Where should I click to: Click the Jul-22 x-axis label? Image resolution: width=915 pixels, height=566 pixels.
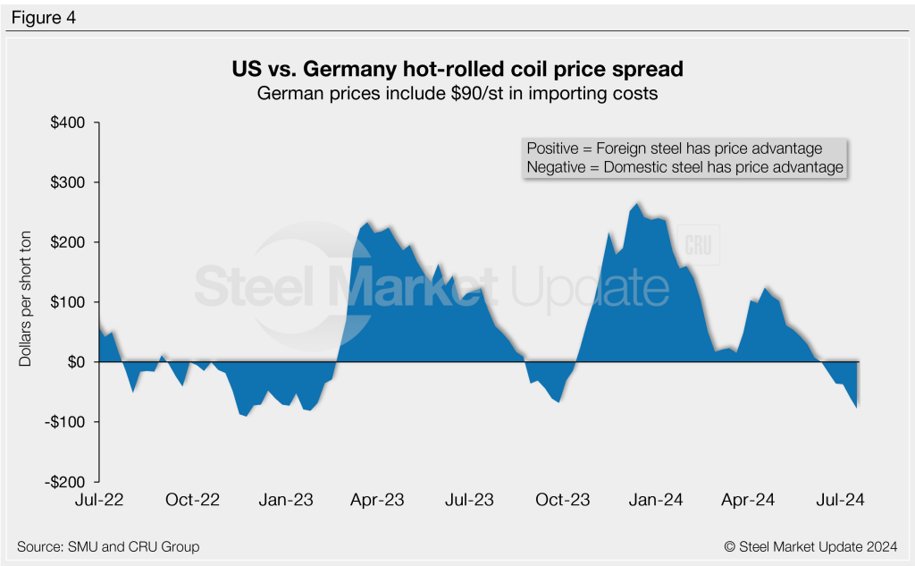[x=98, y=500]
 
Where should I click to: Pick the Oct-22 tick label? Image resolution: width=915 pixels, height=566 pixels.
[x=193, y=500]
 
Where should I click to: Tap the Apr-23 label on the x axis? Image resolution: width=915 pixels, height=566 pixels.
[x=379, y=500]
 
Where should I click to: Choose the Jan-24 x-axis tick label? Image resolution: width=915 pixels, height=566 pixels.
[x=658, y=500]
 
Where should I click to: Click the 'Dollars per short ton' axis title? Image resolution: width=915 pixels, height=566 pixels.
[x=26, y=302]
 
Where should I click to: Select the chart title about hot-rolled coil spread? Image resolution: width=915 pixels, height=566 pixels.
[x=457, y=69]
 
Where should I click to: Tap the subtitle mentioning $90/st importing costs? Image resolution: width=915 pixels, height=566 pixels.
[x=457, y=93]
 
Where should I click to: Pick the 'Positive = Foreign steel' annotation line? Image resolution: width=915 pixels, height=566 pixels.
[x=675, y=148]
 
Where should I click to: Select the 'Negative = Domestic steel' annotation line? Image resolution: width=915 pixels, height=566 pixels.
[x=685, y=167]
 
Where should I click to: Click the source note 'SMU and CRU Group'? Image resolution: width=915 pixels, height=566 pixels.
[x=108, y=545]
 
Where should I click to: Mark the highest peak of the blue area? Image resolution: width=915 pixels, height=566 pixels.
[x=637, y=203]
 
